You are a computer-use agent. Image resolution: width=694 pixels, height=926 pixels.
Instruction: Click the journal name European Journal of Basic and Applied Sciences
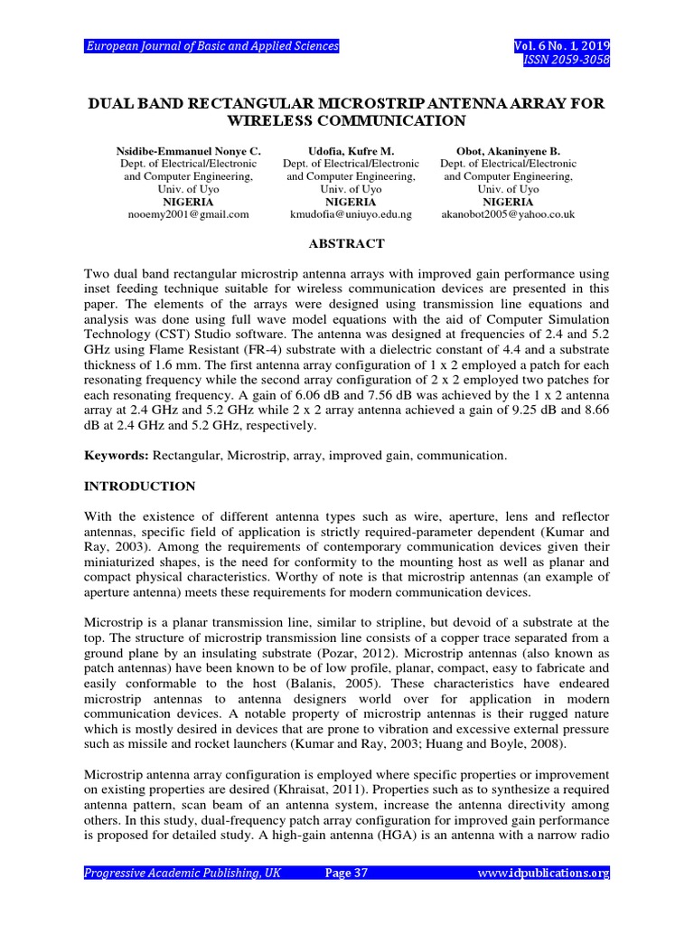(x=211, y=46)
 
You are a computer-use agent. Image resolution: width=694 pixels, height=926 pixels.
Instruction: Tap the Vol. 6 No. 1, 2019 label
(x=562, y=46)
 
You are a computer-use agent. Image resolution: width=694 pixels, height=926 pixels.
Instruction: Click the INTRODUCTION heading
(x=139, y=487)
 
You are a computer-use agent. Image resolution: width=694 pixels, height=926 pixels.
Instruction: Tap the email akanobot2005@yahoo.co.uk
(x=507, y=214)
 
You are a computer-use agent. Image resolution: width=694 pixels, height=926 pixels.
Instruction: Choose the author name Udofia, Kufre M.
(x=350, y=151)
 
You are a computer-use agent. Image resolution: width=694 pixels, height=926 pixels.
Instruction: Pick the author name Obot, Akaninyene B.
(x=507, y=151)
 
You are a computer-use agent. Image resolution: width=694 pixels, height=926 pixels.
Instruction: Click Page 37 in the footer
(x=346, y=873)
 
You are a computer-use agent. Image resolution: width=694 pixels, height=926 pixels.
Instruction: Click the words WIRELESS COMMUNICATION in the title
(x=347, y=120)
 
